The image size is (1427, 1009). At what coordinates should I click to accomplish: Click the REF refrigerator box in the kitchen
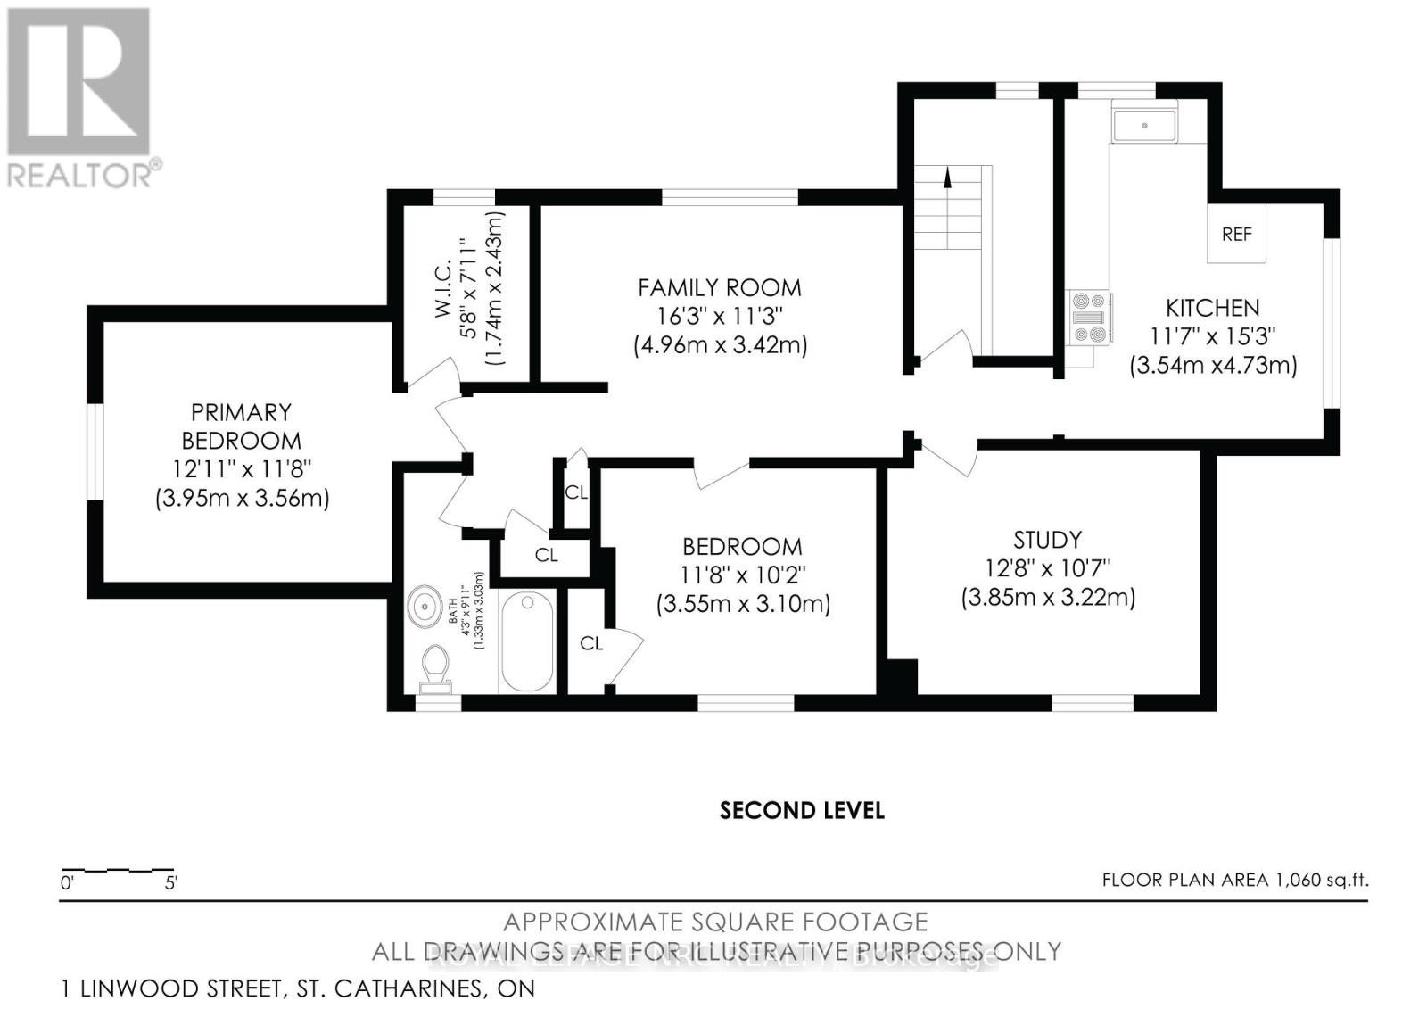[1236, 235]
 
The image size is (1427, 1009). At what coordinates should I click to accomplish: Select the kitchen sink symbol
[1144, 125]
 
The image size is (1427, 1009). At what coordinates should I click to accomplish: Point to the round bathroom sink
[427, 607]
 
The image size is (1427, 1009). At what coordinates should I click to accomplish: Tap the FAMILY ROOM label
[719, 287]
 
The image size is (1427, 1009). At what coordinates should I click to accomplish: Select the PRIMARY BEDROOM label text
[241, 426]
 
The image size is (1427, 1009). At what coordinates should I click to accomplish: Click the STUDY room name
[1047, 540]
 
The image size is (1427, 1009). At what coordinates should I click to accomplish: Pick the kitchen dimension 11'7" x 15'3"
[1213, 336]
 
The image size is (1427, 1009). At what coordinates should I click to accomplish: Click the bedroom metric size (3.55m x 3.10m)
[743, 604]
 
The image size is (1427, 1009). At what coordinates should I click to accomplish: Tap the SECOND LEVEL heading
[801, 810]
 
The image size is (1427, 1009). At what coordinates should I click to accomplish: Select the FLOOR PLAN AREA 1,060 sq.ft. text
[1234, 880]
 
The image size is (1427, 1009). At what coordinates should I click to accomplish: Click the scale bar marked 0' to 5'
[117, 870]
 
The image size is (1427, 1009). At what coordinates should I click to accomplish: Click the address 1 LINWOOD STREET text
[298, 988]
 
